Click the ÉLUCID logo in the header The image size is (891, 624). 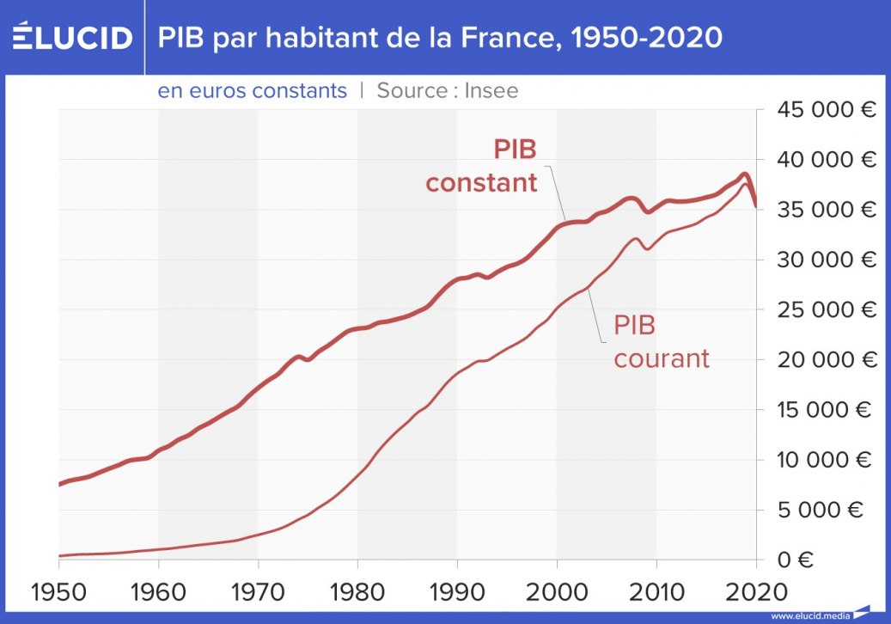pyautogui.click(x=72, y=38)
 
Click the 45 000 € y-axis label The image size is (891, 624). pyautogui.click(x=825, y=110)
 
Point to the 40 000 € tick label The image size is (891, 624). pyautogui.click(x=825, y=160)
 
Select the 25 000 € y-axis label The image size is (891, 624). pyautogui.click(x=825, y=309)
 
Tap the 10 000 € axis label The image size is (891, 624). pyautogui.click(x=825, y=460)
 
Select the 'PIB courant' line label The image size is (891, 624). pyautogui.click(x=661, y=341)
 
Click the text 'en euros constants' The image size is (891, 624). pyautogui.click(x=253, y=90)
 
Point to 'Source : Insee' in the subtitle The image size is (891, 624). pyautogui.click(x=448, y=90)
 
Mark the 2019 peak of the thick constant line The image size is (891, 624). pyautogui.click(x=745, y=174)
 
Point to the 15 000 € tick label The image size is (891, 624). pyautogui.click(x=825, y=410)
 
